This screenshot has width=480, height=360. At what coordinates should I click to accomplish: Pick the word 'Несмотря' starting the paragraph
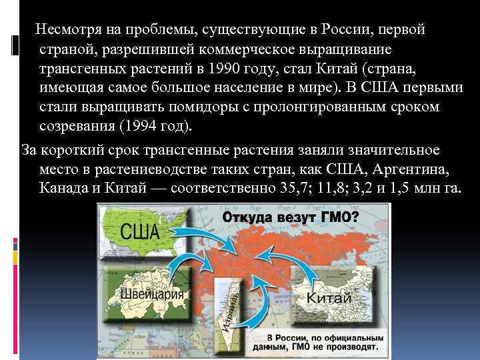pyautogui.click(x=65, y=30)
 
